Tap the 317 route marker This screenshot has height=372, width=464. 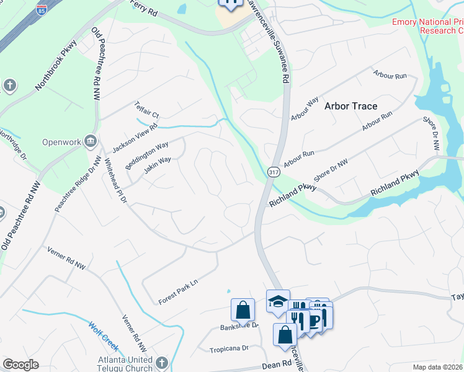pos(272,170)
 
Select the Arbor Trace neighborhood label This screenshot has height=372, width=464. pos(350,106)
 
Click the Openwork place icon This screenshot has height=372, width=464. pos(91,142)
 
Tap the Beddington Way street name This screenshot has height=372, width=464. pos(146,154)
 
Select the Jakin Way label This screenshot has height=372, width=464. pos(157,168)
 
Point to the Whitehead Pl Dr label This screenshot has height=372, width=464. pos(115,180)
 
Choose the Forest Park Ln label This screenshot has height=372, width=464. pos(177,291)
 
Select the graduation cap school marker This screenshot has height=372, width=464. pos(278,301)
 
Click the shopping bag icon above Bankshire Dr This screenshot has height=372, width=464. pos(243,309)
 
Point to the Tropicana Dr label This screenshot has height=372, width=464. pos(228,348)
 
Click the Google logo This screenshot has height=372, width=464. pos(21,365)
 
